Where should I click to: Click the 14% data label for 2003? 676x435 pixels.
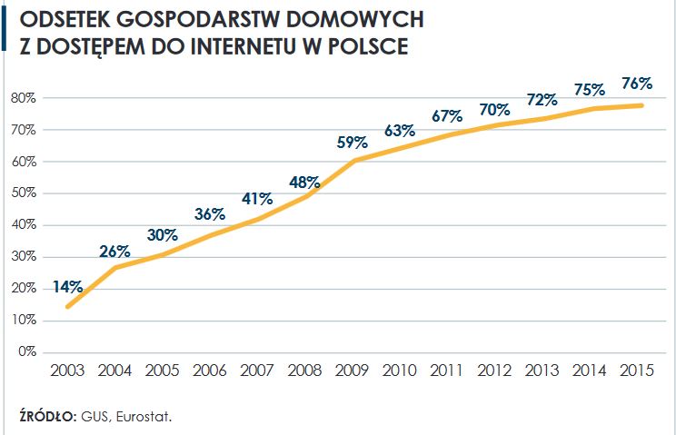68,287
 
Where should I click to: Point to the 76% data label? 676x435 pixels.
636,84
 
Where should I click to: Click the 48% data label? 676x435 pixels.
304,181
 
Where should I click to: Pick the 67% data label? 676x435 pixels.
447,116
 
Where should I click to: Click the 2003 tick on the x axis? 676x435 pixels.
68,371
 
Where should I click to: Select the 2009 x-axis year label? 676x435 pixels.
352,371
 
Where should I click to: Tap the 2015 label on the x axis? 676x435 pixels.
636,371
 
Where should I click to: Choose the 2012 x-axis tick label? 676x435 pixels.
494,371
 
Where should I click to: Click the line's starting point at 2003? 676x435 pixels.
68,306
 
